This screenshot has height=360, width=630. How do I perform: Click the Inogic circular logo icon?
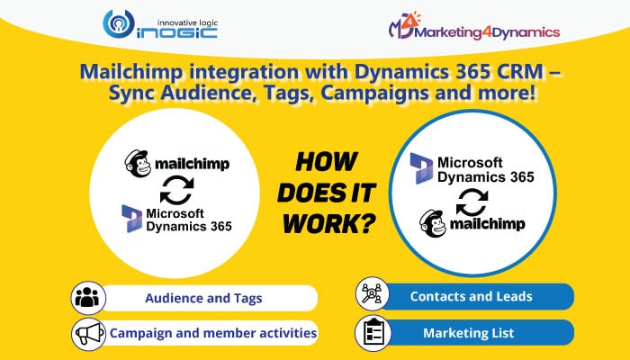click(x=118, y=24)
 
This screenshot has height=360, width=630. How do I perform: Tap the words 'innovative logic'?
click(x=187, y=22)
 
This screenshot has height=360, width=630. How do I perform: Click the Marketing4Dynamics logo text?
click(x=487, y=32)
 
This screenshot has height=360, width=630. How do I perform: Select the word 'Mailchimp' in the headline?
click(x=131, y=72)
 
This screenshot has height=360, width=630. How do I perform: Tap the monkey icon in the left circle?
click(x=138, y=164)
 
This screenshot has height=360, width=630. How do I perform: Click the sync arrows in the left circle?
click(x=176, y=191)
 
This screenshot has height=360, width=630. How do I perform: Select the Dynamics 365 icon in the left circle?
click(x=132, y=219)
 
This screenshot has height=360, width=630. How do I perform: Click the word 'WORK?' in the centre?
click(x=329, y=223)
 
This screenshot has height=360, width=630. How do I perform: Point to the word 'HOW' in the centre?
click(x=326, y=161)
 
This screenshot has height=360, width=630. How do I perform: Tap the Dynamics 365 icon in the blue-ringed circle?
click(x=421, y=168)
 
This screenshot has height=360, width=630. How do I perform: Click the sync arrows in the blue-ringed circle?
click(x=472, y=202)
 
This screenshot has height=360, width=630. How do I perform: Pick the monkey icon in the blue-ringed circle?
click(x=433, y=223)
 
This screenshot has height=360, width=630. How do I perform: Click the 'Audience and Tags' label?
click(x=203, y=298)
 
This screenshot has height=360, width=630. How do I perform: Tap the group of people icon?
click(x=88, y=298)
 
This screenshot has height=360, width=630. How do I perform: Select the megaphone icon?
click(x=89, y=334)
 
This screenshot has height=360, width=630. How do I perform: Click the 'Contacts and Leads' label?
click(x=472, y=296)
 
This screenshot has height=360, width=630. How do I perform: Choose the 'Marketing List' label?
click(x=469, y=333)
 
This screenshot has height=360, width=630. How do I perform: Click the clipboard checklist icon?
click(x=373, y=333)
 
